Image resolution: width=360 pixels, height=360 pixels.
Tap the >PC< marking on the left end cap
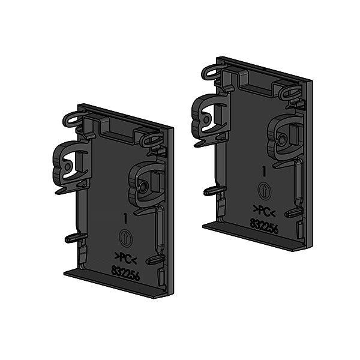[x=125, y=259]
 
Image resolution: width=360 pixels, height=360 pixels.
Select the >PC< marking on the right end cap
[x=265, y=210]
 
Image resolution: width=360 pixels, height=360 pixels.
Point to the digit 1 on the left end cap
[x=125, y=219]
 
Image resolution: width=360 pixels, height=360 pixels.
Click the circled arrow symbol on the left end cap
[x=125, y=237]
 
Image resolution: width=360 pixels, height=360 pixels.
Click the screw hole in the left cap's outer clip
[x=68, y=165]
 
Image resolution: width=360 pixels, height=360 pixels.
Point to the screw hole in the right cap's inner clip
[x=281, y=139]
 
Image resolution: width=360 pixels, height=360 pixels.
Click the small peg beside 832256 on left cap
[x=154, y=260]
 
